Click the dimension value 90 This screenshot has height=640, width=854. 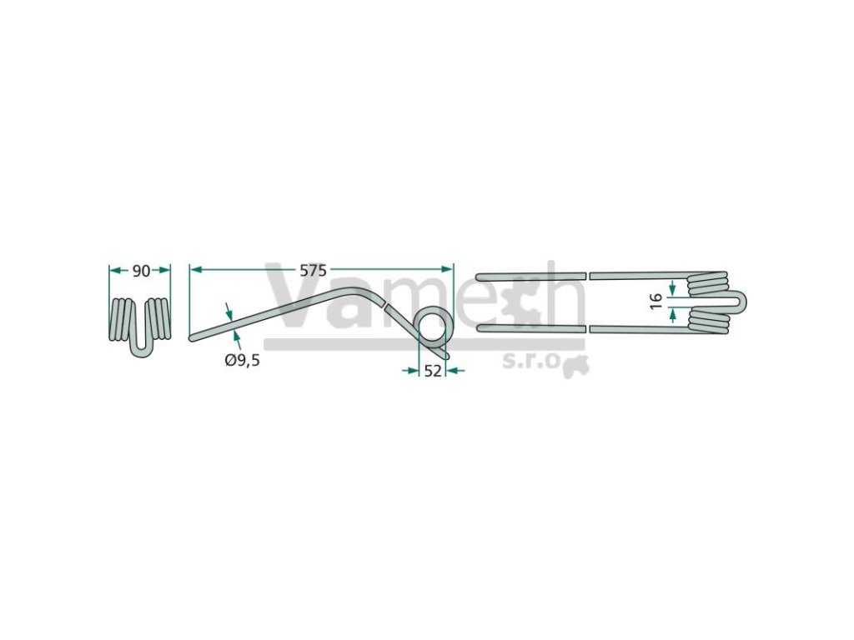[x=140, y=271]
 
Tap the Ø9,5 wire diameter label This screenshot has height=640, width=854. [x=243, y=361]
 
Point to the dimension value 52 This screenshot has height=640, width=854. [x=432, y=372]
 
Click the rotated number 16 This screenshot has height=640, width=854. [x=656, y=300]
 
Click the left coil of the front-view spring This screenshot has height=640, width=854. [x=122, y=318]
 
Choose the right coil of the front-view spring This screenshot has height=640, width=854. [x=159, y=318]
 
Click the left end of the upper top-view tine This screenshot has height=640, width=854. [x=480, y=276]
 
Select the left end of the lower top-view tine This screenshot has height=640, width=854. [x=480, y=328]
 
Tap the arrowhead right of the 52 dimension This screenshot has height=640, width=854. [x=452, y=371]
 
